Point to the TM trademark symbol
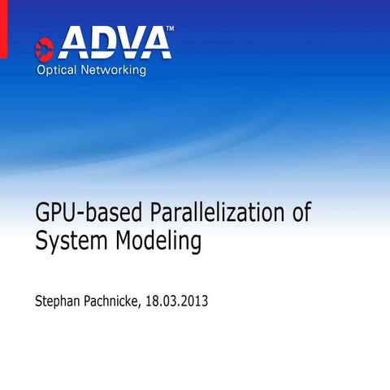coord(169,29)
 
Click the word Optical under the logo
coord(56,71)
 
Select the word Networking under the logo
coord(114,71)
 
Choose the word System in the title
coord(70,241)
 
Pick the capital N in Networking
coord(85,71)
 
